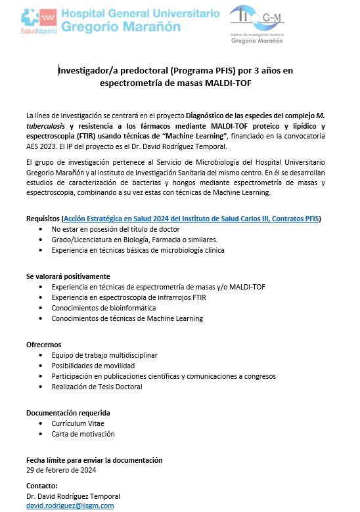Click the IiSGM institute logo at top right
[257, 24]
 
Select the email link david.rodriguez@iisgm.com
[70, 505]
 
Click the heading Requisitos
[43, 218]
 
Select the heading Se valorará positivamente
[68, 276]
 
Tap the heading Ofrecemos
[44, 345]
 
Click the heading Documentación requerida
[68, 413]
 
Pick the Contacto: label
[42, 486]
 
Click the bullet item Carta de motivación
[83, 433]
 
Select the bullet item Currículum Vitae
[79, 423]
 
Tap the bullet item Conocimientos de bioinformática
[103, 308]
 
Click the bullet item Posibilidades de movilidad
[93, 366]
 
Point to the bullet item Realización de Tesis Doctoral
[97, 387]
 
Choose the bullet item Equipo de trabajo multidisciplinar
[104, 355]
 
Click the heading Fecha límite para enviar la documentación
[94, 460]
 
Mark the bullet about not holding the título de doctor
[115, 229]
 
